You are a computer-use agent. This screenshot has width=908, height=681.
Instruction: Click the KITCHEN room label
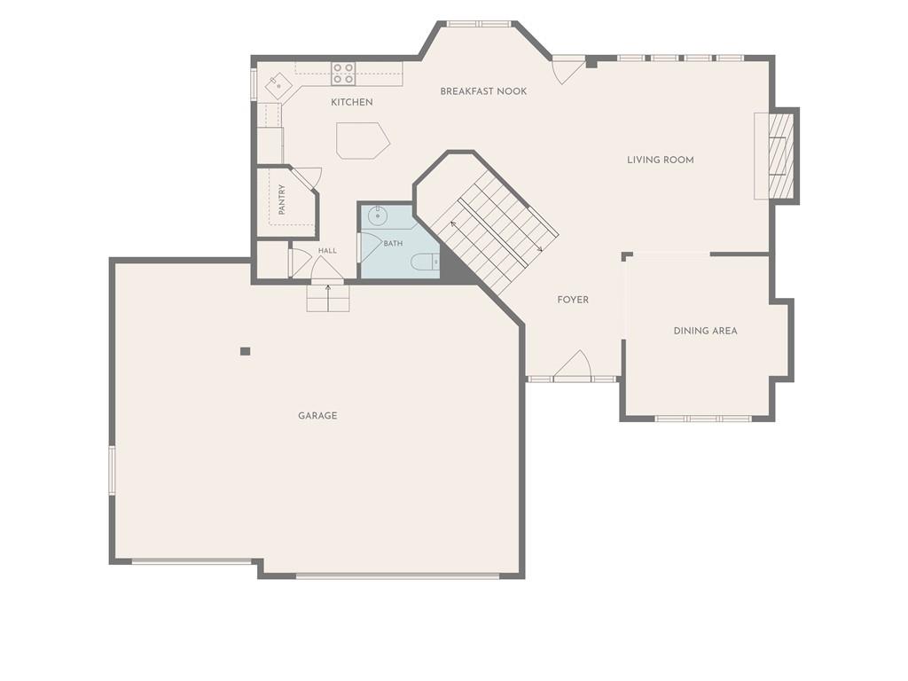tap(351, 103)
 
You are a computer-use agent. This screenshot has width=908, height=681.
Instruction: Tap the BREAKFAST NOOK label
tap(483, 91)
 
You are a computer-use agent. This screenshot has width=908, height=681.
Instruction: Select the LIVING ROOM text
tap(660, 160)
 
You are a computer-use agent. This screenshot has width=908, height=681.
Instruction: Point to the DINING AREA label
tap(705, 332)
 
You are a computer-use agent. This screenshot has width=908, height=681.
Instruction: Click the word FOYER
tap(573, 300)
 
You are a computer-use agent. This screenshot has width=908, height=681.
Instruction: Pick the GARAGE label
tap(317, 416)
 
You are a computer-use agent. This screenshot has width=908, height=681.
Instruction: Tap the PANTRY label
tap(282, 200)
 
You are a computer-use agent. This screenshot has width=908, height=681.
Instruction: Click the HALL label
tap(327, 251)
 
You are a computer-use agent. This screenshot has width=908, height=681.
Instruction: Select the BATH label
tap(393, 244)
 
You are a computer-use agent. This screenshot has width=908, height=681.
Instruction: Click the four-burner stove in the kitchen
tap(343, 74)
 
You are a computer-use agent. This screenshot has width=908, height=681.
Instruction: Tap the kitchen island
tap(363, 141)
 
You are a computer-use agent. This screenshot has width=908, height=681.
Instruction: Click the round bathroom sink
tap(378, 216)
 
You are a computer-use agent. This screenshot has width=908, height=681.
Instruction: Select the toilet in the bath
tap(426, 262)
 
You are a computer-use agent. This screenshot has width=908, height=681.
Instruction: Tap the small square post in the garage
tap(246, 351)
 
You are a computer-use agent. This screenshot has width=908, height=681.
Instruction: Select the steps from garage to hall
tap(328, 298)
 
